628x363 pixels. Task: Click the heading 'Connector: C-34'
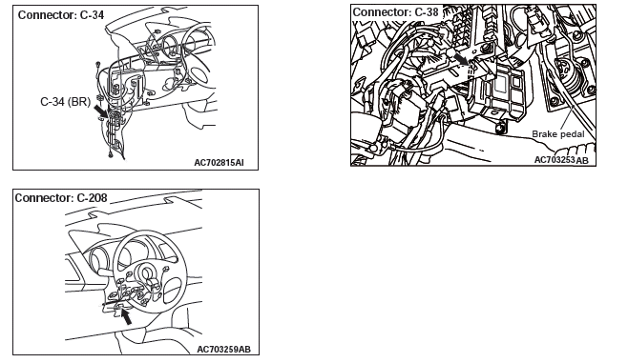[61, 15]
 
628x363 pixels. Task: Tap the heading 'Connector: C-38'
[396, 12]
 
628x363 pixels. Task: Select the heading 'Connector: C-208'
[61, 198]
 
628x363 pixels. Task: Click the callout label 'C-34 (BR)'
[65, 102]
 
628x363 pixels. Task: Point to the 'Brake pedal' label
[558, 134]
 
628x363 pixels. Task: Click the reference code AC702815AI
[219, 163]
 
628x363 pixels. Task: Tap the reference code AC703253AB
[561, 160]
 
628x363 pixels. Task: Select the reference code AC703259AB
[223, 350]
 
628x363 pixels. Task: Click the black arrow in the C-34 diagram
[100, 111]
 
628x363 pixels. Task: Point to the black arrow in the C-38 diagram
[460, 58]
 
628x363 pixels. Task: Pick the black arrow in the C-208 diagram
[126, 316]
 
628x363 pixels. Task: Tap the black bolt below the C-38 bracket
[499, 129]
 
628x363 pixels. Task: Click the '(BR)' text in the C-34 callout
[79, 102]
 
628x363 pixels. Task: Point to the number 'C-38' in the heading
[427, 12]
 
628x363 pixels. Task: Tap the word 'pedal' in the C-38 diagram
[574, 134]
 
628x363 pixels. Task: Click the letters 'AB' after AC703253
[582, 160]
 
